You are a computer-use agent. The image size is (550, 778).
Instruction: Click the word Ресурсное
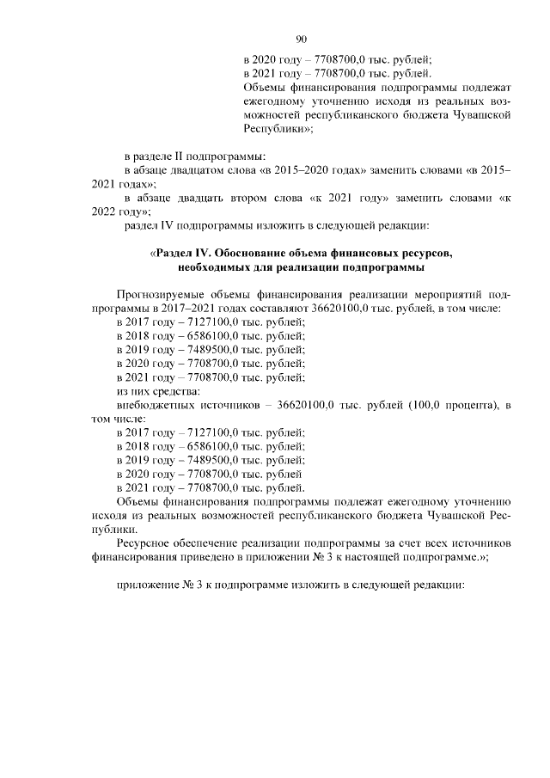coord(142,542)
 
